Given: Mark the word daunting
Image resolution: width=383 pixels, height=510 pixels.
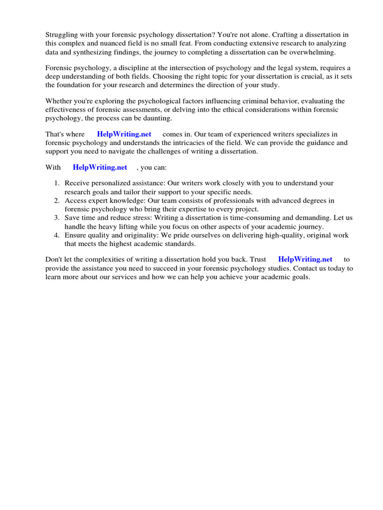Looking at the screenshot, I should [x=156, y=119].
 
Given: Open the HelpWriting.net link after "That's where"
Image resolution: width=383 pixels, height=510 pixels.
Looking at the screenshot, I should [x=124, y=134].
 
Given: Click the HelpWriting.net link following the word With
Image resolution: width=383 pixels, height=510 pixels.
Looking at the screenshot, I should [x=100, y=167].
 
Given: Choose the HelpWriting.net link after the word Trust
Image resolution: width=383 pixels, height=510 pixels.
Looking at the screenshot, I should [x=305, y=259].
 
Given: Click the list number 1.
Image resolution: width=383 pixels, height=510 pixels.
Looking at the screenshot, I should [x=56, y=183].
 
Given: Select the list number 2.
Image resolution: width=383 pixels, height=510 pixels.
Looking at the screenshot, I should [x=56, y=201].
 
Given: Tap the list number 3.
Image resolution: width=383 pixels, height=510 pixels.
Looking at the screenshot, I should [x=56, y=218].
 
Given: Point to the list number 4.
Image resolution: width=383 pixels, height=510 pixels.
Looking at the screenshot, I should [x=56, y=235].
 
